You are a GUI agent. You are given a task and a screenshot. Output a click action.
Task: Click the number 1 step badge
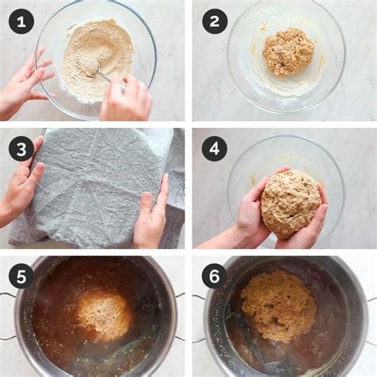21,21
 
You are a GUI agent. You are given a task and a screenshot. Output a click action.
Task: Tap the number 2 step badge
214,21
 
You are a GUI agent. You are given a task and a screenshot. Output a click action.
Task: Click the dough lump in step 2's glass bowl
288,52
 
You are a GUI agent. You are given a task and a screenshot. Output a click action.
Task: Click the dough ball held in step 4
290,203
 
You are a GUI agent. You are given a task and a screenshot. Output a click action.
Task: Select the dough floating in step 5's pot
103,314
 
